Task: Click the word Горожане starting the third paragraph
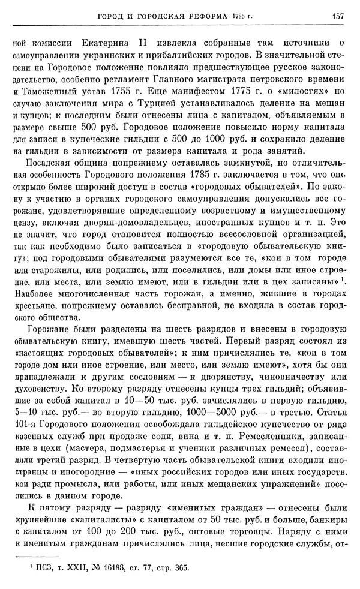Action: click(46, 329)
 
